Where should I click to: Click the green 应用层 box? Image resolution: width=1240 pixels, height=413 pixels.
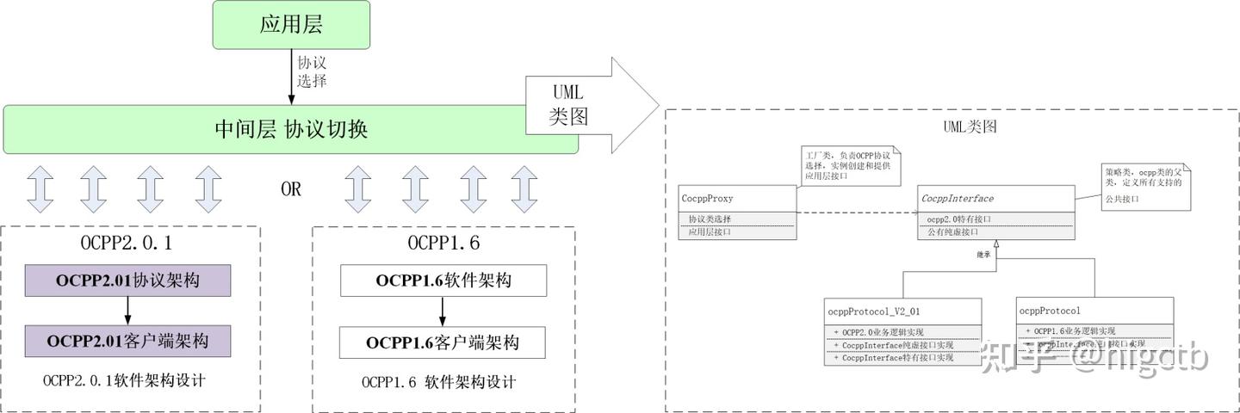coord(291,24)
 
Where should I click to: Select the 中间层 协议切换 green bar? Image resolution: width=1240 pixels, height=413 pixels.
coord(290,130)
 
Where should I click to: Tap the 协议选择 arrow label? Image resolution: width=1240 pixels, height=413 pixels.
coord(312,72)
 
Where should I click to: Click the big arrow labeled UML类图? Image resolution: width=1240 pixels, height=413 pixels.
coord(586,105)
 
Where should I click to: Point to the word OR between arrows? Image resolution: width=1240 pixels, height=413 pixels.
coord(291,189)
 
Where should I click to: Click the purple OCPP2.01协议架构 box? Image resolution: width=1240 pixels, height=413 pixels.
coord(127,280)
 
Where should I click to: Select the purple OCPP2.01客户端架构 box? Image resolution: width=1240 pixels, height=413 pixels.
coord(127,342)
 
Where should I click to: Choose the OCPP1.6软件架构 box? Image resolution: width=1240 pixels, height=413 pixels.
coord(443,280)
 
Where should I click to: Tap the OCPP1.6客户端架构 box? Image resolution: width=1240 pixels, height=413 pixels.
coord(443,342)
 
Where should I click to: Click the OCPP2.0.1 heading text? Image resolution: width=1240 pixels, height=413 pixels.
coord(127,243)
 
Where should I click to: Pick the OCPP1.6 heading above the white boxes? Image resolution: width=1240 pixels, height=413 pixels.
coord(443,243)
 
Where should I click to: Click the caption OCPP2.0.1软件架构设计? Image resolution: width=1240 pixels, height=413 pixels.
coord(124,380)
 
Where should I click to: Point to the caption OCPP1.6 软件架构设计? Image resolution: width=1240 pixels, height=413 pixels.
coord(438,381)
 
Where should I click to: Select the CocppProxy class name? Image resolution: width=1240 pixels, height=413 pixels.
coord(708,199)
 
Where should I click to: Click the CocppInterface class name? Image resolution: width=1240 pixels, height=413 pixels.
coord(957,199)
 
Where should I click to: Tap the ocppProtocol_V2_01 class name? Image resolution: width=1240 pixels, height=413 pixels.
coord(873,311)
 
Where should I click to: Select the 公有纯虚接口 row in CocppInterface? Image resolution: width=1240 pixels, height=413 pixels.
coord(952,231)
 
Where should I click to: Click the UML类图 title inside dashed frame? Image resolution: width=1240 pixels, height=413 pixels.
coord(970,126)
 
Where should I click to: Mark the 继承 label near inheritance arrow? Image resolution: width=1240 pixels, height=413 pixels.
coord(983,255)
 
